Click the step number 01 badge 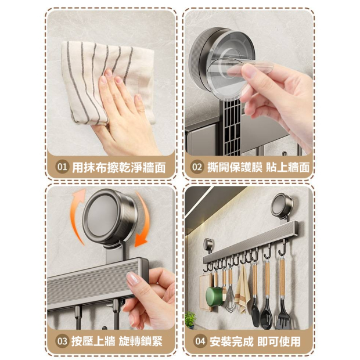(62, 167)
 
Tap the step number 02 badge (197, 167)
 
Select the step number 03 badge (62, 341)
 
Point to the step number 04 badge (200, 341)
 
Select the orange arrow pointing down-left (142, 221)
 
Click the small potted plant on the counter (190, 320)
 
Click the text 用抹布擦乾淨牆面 (118, 167)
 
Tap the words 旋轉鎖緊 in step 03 (141, 341)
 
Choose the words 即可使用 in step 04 (279, 341)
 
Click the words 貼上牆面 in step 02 (287, 167)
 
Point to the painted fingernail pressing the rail (132, 279)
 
